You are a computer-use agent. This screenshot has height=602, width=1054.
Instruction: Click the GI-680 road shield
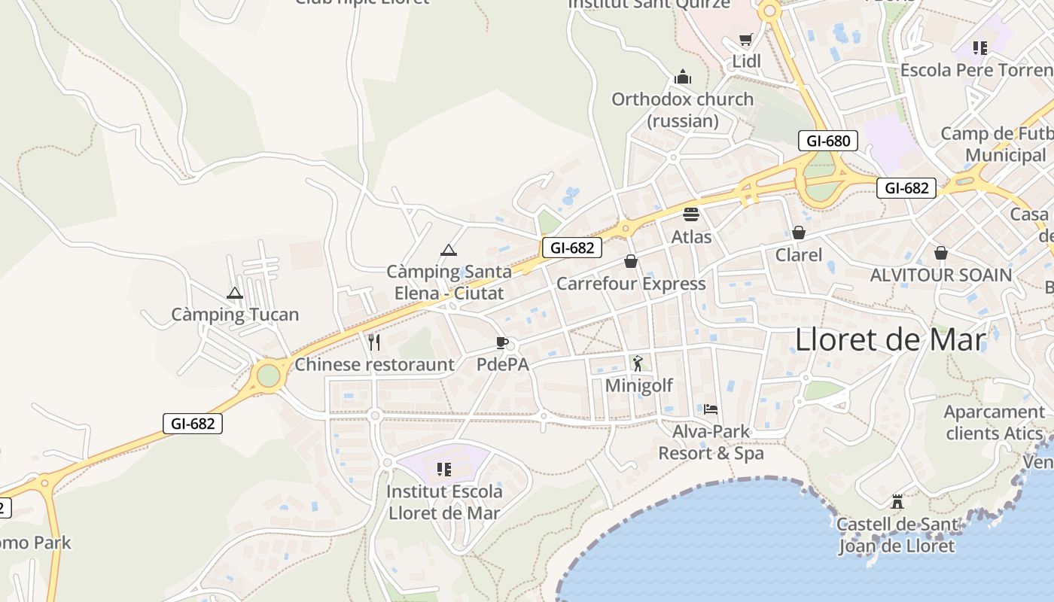[x=828, y=141]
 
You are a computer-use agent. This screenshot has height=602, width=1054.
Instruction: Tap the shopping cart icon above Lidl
[x=746, y=40]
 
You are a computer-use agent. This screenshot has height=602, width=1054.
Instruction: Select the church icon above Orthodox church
[x=683, y=77]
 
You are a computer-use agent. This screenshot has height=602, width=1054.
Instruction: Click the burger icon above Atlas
[x=691, y=214]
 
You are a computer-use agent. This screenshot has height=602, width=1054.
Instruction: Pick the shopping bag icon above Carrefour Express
[x=631, y=261]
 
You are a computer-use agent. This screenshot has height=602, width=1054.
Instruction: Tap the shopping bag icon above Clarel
[x=799, y=233]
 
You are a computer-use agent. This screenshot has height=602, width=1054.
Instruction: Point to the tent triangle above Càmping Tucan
[x=235, y=293]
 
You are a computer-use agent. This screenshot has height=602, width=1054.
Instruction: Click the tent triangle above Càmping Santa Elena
[x=449, y=250]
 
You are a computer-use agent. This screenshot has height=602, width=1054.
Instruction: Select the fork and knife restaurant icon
[x=374, y=342]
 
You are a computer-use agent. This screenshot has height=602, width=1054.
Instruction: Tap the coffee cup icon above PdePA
[x=502, y=343]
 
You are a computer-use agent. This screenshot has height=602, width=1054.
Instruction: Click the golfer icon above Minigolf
[x=638, y=363]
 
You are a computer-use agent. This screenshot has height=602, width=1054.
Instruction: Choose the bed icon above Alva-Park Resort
[x=711, y=409]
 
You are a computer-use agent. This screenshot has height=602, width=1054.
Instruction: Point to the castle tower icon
[x=897, y=501]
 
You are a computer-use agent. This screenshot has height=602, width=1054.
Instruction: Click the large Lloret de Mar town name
[x=891, y=340]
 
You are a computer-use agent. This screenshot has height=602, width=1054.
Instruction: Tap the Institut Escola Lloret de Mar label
[x=444, y=502]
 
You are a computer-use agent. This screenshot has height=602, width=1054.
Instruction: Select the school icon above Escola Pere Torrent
[x=979, y=48]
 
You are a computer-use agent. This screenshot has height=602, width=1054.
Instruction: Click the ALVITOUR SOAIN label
[x=941, y=275]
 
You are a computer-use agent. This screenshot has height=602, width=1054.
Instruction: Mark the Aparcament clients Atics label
[x=994, y=422]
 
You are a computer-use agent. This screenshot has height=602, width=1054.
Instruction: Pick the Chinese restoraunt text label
[x=375, y=365]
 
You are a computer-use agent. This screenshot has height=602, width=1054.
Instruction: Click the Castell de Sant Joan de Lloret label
[x=897, y=535]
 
